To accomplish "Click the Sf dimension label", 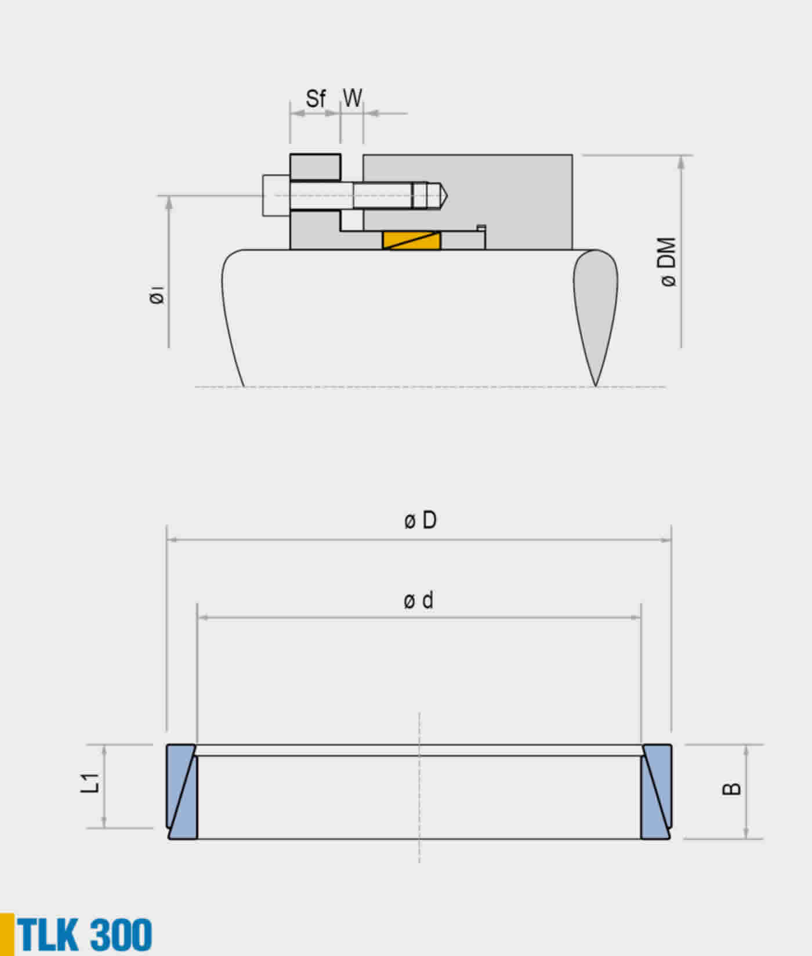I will click(316, 99).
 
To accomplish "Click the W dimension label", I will click(352, 98).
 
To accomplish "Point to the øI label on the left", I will click(156, 296).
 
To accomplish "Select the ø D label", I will click(420, 520).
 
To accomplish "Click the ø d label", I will click(419, 600).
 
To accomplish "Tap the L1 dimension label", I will click(91, 783).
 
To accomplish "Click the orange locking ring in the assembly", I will click(411, 241).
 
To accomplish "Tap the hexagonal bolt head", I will click(275, 195).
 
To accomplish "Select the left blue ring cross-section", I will click(182, 792).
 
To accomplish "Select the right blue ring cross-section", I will click(656, 792).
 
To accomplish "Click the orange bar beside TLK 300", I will click(7, 934).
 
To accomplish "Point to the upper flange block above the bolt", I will click(315, 167).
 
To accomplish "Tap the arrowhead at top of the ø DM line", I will click(681, 162).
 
